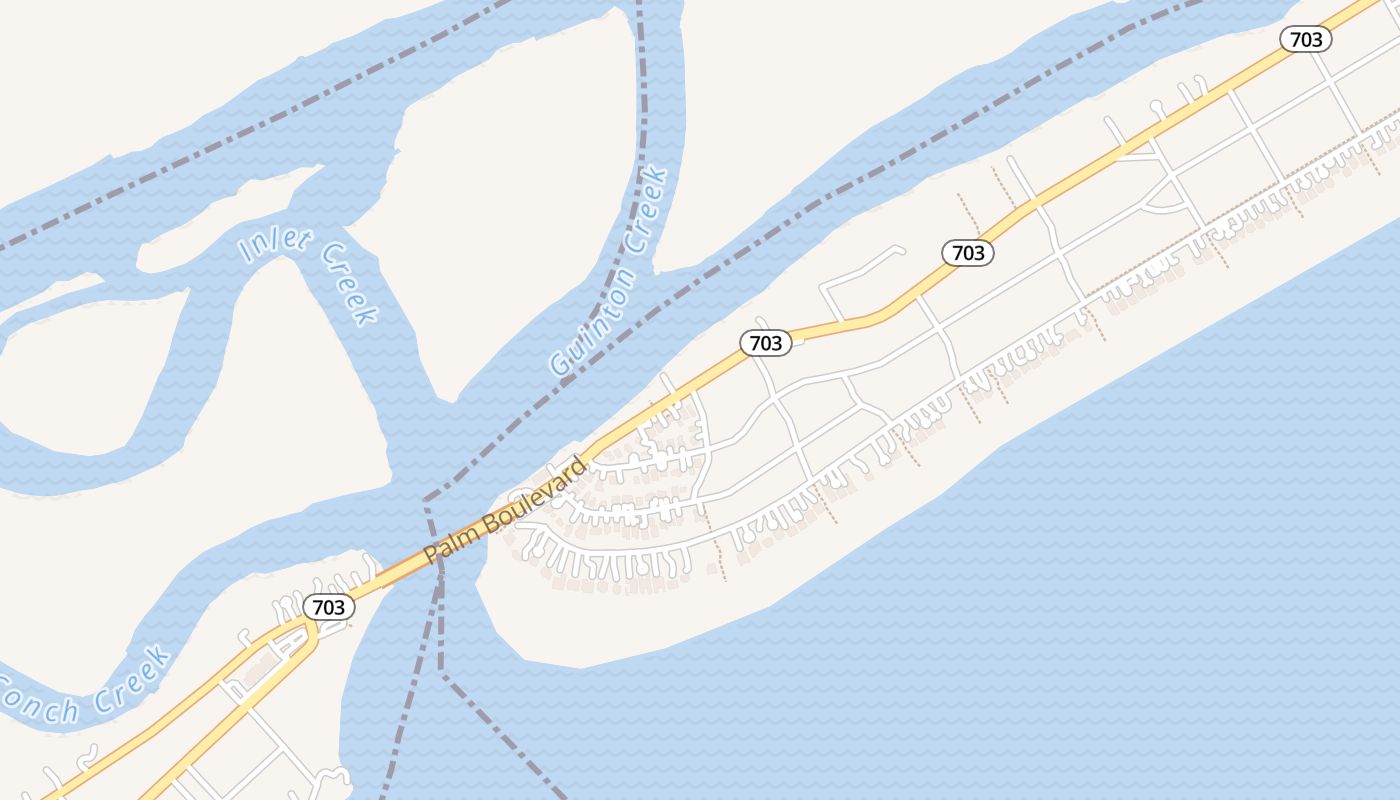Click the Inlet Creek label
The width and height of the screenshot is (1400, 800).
tap(308, 275)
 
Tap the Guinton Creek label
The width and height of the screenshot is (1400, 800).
tap(610, 272)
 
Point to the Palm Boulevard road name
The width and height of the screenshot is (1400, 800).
tap(506, 510)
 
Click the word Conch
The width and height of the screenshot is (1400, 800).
tap(38, 700)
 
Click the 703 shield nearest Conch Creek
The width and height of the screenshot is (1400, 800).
tap(328, 607)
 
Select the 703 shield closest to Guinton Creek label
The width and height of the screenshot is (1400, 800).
tap(766, 343)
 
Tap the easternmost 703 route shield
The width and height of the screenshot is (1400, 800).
tap(1306, 40)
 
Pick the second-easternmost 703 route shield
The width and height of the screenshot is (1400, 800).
tap(968, 253)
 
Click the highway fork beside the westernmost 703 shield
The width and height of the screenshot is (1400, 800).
tap(310, 624)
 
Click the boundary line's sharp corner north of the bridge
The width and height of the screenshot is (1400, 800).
tap(426, 499)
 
